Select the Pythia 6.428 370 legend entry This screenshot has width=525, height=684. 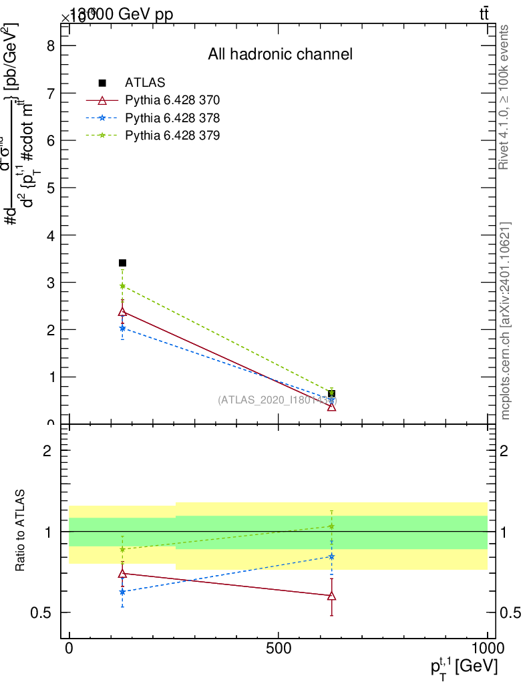(172, 101)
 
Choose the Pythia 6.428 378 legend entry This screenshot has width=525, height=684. (172, 118)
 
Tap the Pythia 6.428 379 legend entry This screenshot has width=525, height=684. (172, 136)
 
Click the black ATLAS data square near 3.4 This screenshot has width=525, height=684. (122, 263)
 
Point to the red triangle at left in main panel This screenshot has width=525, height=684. (122, 312)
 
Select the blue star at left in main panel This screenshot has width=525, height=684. (122, 328)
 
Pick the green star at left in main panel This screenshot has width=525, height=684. (122, 286)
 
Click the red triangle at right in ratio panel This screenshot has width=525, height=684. (331, 595)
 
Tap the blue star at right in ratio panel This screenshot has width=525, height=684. (331, 556)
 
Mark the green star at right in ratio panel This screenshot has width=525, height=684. (331, 526)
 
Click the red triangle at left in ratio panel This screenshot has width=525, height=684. (122, 573)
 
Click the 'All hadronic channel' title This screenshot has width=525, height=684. (280, 55)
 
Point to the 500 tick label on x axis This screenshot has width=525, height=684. (278, 648)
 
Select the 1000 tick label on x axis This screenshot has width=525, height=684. (488, 648)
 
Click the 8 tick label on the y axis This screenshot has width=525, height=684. (49, 46)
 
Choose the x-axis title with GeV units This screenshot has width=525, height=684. (464, 667)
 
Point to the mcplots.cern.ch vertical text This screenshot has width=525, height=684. (506, 321)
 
